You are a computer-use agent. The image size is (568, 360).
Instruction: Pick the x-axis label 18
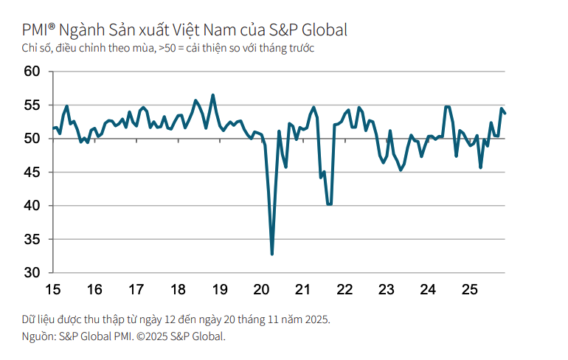(x=177, y=289)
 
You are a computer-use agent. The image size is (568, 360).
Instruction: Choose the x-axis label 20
(x=260, y=289)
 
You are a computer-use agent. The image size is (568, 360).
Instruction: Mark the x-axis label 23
(x=385, y=289)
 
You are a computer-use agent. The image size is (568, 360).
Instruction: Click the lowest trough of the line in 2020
(x=272, y=255)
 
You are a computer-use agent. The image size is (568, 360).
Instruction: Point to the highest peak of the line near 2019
(x=213, y=95)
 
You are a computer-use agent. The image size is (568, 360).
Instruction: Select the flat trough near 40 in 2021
(x=329, y=204)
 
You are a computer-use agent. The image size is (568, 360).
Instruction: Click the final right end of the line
(x=505, y=113)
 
